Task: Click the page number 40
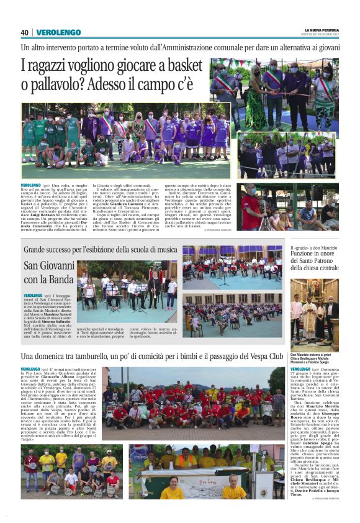click(25, 32)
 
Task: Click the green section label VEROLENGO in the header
click(58, 32)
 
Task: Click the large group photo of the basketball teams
click(125, 141)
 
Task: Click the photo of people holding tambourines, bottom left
click(71, 472)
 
